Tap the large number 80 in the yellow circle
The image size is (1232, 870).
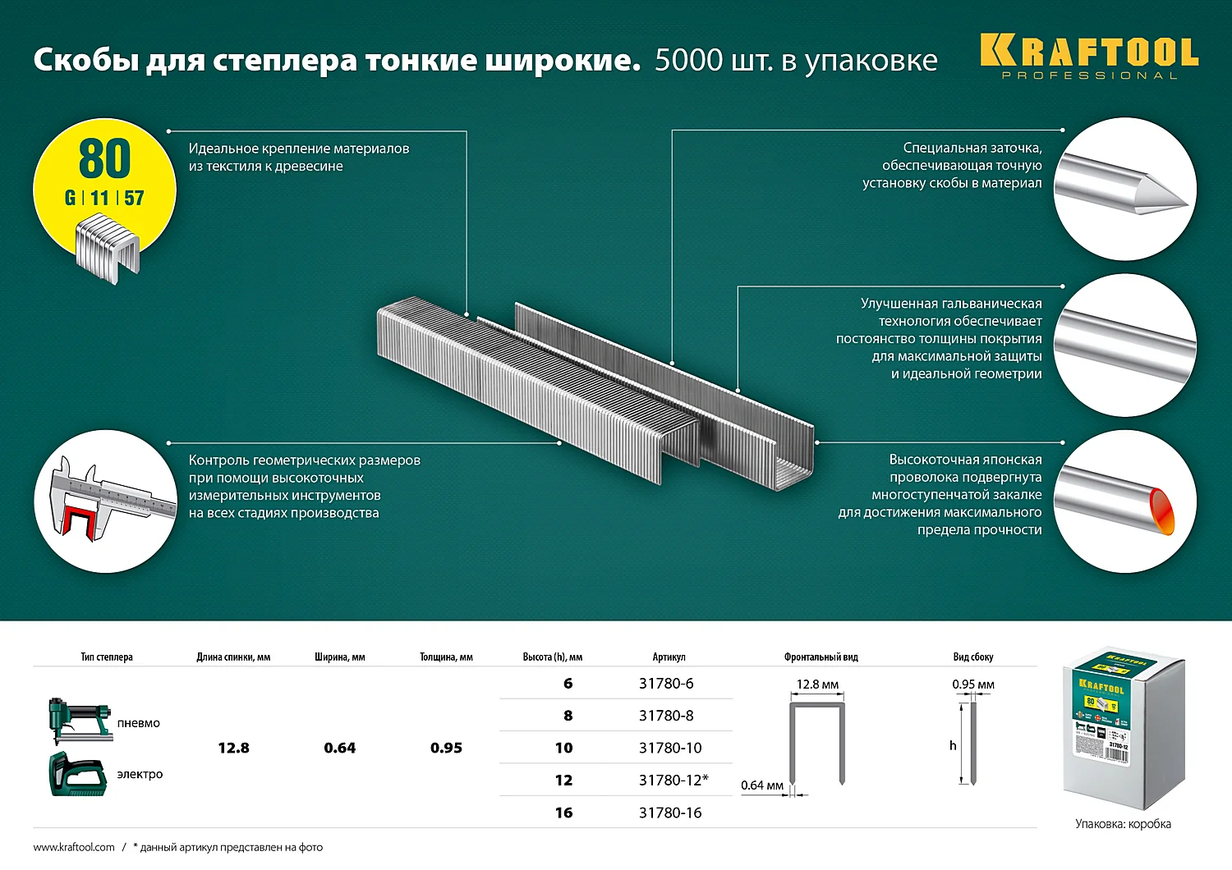pyautogui.click(x=105, y=158)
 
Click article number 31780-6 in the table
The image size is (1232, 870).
pyautogui.click(x=666, y=684)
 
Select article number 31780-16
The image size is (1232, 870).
pyautogui.click(x=670, y=813)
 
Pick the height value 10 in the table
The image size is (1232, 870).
pyautogui.click(x=563, y=748)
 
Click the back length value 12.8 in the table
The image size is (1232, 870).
pyautogui.click(x=233, y=748)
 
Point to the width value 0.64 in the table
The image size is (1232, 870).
pyautogui.click(x=339, y=748)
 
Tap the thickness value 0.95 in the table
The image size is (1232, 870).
pyautogui.click(x=446, y=748)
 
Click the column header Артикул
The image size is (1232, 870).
pyautogui.click(x=669, y=657)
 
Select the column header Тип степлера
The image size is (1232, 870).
pyautogui.click(x=107, y=657)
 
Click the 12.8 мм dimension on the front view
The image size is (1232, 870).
pyautogui.click(x=817, y=685)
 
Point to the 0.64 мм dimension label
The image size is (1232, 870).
pyautogui.click(x=762, y=785)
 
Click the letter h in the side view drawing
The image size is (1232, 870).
pyautogui.click(x=953, y=745)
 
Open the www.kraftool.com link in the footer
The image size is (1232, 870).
pyautogui.click(x=74, y=847)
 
